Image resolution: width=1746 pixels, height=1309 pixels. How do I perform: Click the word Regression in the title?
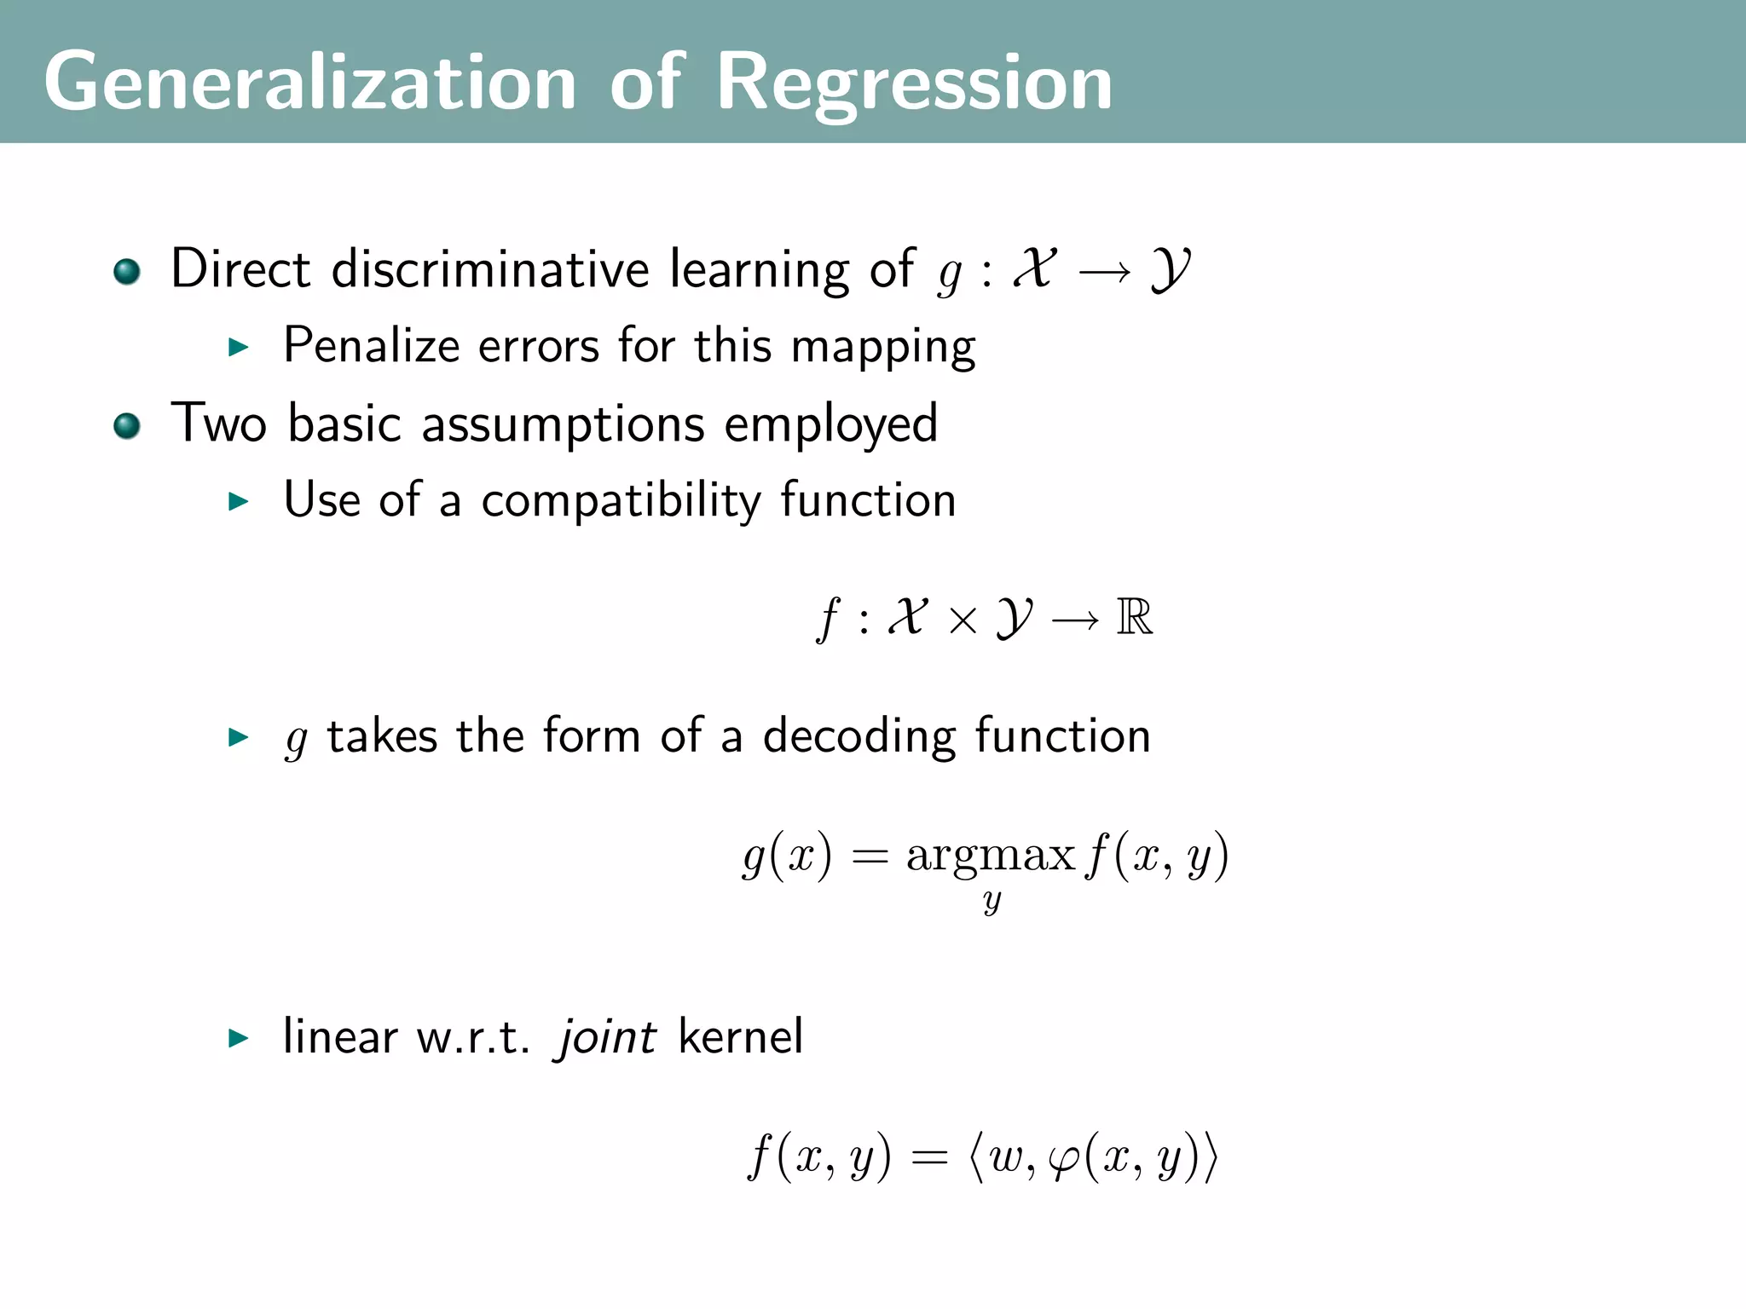pos(914,83)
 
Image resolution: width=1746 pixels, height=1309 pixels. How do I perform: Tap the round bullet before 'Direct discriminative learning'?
pos(127,272)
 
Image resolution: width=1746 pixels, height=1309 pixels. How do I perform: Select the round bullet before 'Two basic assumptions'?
pos(127,425)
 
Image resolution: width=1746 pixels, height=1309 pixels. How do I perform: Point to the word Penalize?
pos(371,346)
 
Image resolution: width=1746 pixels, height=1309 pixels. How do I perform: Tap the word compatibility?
pos(621,500)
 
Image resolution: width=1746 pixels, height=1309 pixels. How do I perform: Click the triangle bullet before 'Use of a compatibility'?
pos(239,501)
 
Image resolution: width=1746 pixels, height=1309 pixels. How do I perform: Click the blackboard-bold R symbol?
pos(1134,617)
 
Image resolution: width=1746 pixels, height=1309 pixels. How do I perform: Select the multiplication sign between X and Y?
pos(963,620)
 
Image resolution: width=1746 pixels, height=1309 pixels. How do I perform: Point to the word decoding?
pos(859,736)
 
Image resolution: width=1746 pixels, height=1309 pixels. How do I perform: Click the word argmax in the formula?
pos(990,856)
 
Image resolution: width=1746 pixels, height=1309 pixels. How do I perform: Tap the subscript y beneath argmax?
pos(992,901)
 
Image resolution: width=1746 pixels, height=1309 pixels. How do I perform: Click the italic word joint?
pos(606,1037)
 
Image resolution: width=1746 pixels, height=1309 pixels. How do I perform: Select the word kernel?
pos(741,1037)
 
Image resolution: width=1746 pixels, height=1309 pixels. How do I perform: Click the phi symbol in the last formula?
pos(1064,1159)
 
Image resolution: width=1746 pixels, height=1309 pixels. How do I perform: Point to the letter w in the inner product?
pos(1006,1157)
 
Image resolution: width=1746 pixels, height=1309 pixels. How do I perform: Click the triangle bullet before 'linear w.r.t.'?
pos(239,1038)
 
